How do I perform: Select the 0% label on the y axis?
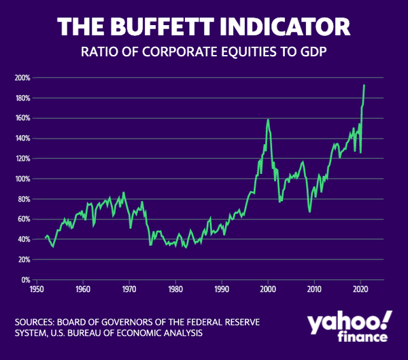[x=24, y=280]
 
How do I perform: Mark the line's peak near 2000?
[x=268, y=120]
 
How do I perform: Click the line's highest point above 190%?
[x=364, y=85]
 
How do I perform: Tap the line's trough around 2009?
[x=310, y=212]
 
